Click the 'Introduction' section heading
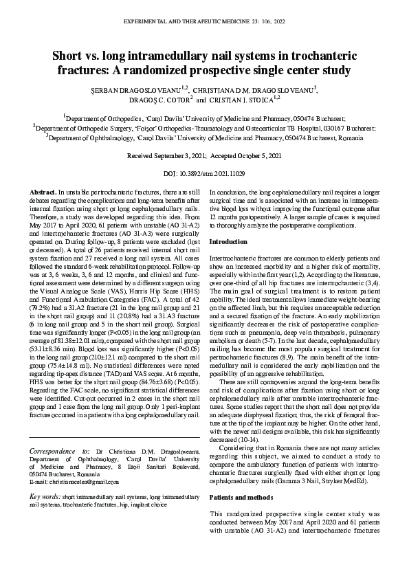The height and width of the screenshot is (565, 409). click(229, 243)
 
